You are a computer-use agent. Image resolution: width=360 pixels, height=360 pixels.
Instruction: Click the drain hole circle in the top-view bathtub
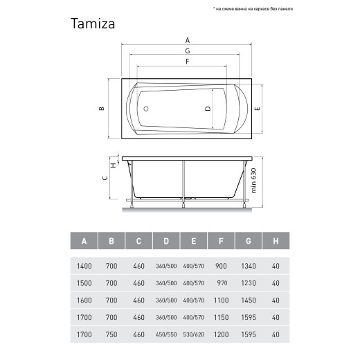(145, 109)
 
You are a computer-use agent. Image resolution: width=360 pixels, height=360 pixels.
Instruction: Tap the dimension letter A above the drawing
(187, 39)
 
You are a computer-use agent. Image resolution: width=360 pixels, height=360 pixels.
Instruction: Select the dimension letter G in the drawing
(187, 51)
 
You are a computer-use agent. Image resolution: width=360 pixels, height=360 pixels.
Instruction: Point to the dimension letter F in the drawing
(187, 62)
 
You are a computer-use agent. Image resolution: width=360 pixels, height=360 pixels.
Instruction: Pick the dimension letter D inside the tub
(207, 109)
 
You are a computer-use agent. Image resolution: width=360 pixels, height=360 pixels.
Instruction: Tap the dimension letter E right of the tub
(257, 109)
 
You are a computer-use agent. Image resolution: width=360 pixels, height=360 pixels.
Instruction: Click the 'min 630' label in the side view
(253, 181)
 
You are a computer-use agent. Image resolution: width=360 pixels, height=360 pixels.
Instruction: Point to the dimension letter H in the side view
(113, 165)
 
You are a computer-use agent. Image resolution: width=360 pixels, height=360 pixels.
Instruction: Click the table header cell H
(276, 241)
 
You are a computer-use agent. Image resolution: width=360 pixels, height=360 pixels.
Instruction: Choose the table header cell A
(84, 241)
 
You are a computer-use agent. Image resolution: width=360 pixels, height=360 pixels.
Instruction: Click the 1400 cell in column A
(84, 266)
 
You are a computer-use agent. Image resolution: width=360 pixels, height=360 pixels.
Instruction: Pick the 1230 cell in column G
(249, 283)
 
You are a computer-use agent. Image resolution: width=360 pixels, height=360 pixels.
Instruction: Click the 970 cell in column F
(221, 283)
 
